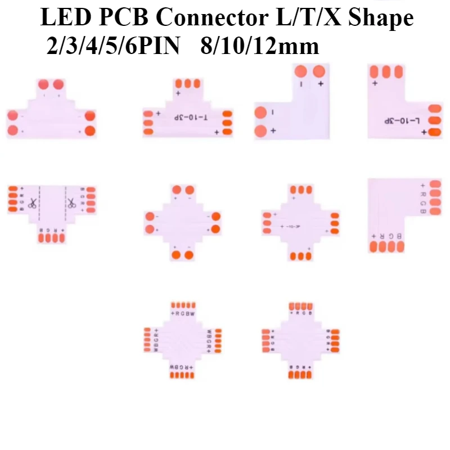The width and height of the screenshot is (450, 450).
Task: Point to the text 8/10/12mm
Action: click(260, 45)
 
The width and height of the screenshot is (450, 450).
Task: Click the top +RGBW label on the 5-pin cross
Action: click(183, 313)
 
